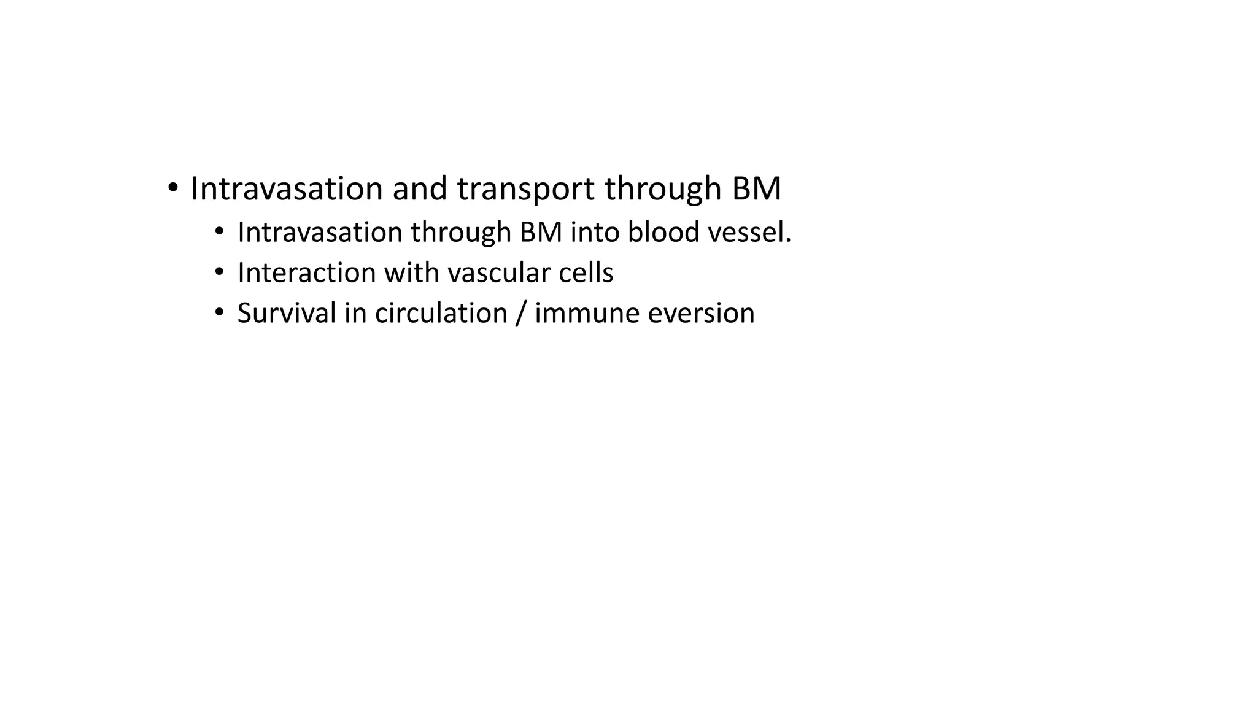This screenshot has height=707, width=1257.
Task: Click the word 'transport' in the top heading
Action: pos(525,189)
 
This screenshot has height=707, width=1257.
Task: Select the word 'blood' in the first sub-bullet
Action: pos(663,233)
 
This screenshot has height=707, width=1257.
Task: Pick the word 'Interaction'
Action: pos(306,273)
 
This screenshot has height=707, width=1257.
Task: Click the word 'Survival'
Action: pos(287,314)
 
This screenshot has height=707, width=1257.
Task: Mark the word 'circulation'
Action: pos(441,314)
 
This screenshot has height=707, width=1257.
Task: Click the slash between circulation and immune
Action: pos(521,314)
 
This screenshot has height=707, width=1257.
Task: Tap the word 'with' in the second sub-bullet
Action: pos(408,273)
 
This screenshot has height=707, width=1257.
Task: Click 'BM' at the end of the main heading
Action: pos(756,189)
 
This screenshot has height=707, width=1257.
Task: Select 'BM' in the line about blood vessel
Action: pos(541,233)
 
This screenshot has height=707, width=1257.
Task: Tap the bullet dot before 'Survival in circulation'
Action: pos(220,313)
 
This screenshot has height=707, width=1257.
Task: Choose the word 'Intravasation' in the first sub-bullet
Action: pos(320,233)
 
